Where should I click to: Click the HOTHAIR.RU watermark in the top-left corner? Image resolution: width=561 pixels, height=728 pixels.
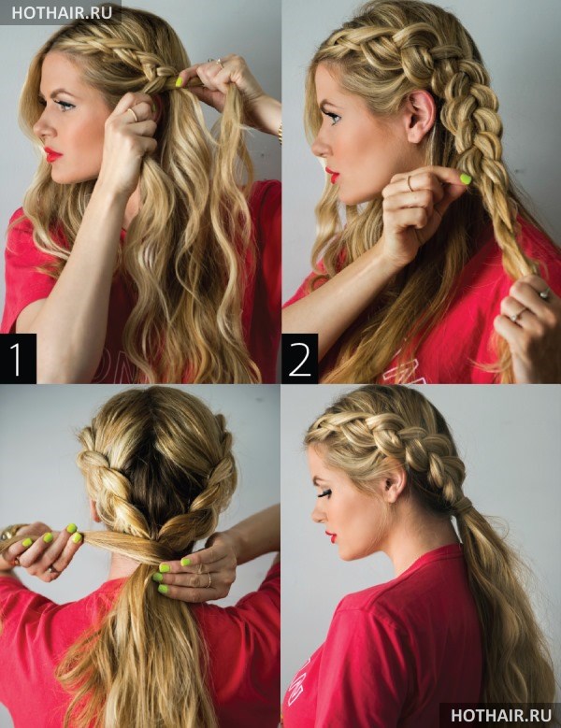click(x=62, y=12)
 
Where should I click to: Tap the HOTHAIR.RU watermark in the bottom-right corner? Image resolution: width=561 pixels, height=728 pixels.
click(x=501, y=714)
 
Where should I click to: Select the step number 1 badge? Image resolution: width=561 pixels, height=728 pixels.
click(x=18, y=358)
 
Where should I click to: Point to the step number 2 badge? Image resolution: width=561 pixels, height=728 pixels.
click(x=299, y=358)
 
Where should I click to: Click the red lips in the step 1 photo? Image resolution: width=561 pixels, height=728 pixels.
click(x=52, y=154)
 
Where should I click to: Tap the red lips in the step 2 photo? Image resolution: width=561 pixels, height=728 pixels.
click(x=333, y=175)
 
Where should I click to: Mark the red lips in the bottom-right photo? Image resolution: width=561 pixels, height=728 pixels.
click(x=331, y=537)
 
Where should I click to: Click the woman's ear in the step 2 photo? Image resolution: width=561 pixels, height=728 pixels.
click(x=420, y=115)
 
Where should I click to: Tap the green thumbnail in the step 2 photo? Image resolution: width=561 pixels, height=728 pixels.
click(x=466, y=178)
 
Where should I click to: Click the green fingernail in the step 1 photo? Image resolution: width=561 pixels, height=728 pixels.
click(x=179, y=81)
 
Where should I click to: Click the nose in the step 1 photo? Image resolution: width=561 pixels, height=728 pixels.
click(x=40, y=128)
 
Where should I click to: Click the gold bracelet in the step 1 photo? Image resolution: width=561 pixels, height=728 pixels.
click(x=280, y=134)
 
